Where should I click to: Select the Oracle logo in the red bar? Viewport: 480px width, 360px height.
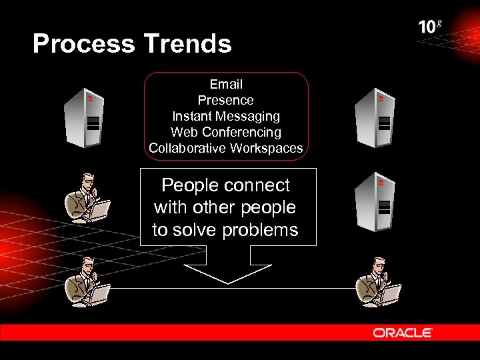tap(403, 333)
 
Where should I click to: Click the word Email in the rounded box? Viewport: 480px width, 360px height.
tap(226, 85)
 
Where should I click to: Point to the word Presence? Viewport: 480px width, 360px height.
tap(226, 101)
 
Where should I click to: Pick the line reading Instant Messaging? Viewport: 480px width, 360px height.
tap(226, 116)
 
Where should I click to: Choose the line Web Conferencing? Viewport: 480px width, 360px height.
tap(226, 132)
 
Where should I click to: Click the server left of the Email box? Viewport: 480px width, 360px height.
tap(83, 117)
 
